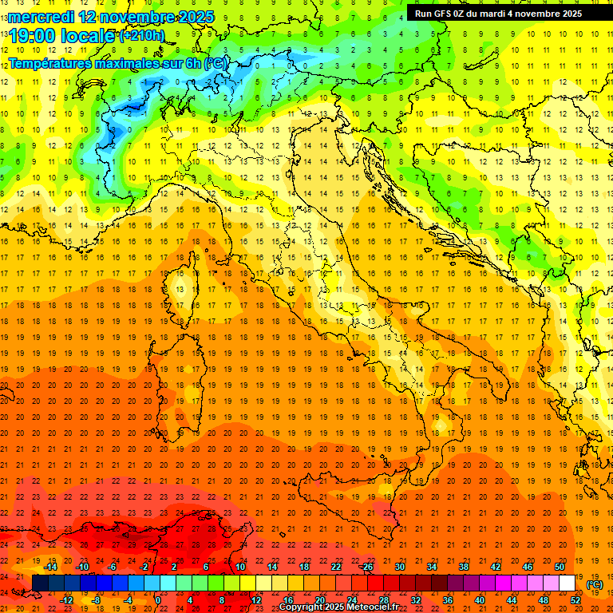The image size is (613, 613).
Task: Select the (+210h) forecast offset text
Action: click(x=142, y=35)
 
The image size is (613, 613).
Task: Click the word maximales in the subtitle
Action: click(x=138, y=61)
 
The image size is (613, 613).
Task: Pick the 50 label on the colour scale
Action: click(x=560, y=567)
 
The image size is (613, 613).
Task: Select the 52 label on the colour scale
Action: click(x=575, y=599)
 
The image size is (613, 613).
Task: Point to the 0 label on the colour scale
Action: click(x=158, y=599)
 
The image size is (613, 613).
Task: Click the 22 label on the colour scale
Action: click(x=335, y=567)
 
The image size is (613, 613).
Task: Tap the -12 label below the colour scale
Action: click(x=66, y=599)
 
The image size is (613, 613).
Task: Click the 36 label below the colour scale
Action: click(x=448, y=599)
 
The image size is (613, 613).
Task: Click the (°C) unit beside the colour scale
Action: click(x=595, y=584)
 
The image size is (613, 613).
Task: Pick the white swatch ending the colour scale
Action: click(x=568, y=583)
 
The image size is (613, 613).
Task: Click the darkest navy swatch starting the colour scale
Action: click(x=41, y=583)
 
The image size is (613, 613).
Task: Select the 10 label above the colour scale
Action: click(x=239, y=567)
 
